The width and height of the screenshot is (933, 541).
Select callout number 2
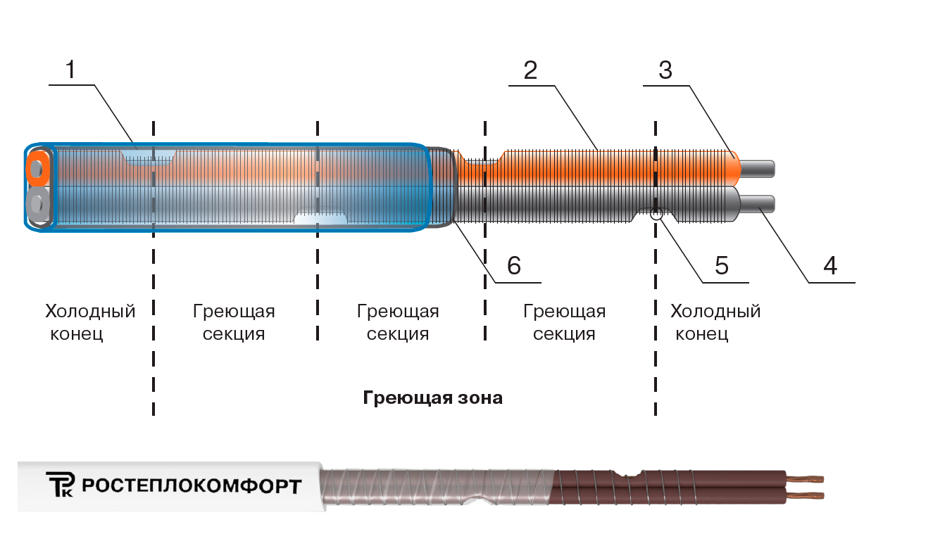[530, 70]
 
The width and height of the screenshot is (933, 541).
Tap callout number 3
[665, 70]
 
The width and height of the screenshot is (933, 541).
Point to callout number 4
[830, 266]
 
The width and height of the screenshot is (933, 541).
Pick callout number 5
[721, 265]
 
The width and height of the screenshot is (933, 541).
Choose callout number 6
[514, 265]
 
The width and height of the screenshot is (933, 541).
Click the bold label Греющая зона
[433, 398]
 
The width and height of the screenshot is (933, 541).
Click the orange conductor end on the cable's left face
[36, 169]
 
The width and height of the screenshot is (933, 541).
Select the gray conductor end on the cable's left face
[36, 204]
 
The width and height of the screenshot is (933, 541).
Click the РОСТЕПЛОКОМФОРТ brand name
[192, 486]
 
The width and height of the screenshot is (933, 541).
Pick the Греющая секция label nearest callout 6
[564, 322]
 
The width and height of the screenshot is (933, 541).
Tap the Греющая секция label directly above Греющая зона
[398, 322]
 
